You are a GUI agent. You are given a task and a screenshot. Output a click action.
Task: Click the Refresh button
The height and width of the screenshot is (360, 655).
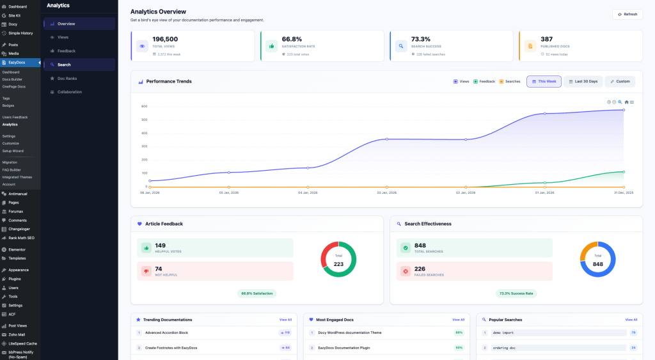pos(627,14)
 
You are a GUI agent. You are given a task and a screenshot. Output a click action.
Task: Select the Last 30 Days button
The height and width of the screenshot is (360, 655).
pos(583,81)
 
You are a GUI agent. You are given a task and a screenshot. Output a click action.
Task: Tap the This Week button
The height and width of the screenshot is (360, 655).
pos(544,81)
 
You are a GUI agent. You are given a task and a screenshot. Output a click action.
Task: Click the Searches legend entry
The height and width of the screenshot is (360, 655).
pos(509,81)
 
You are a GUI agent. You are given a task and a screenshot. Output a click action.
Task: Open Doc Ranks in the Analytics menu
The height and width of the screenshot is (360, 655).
pos(68,78)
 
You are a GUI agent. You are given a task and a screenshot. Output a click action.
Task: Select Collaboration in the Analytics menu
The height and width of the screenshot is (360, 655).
pos(69,91)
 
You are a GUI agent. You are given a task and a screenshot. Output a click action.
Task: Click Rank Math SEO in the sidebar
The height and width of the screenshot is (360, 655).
pos(21,238)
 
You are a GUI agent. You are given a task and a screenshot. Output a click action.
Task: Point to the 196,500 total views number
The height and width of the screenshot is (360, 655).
pos(165,39)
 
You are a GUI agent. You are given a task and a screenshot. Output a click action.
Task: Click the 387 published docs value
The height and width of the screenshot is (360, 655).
pos(546,39)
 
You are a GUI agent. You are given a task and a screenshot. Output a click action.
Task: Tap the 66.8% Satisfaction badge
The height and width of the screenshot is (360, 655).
pos(256,293)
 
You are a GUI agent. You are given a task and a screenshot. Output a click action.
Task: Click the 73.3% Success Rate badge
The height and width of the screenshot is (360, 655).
pos(516,293)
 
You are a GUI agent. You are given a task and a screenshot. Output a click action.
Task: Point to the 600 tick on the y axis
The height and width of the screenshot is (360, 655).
pos(144,106)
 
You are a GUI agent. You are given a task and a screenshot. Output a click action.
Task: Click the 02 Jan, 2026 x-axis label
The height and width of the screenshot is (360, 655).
pos(466,192)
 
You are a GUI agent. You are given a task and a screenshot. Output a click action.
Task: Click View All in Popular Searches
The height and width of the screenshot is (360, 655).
pos(631,319)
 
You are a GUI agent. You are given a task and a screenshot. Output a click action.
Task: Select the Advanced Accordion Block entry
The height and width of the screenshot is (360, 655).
pos(166,333)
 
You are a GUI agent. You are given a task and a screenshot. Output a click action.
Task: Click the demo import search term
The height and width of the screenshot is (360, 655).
pos(503,333)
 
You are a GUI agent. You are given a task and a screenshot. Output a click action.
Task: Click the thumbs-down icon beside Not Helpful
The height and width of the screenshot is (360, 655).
pos(146,271)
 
